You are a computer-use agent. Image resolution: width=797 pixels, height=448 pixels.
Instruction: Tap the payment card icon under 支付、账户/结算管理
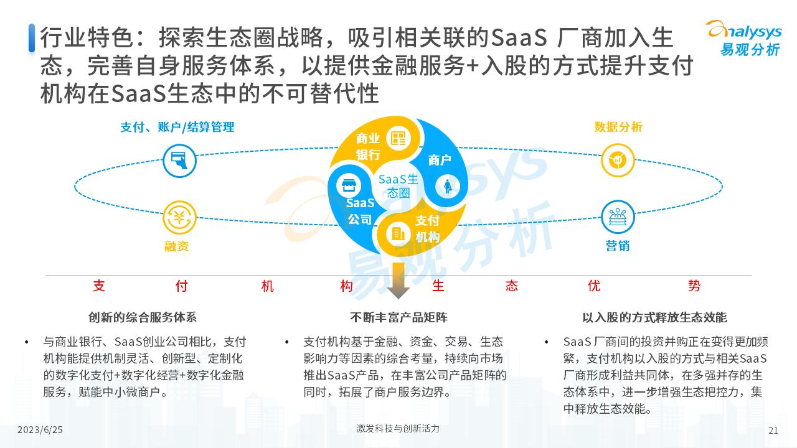(179, 161)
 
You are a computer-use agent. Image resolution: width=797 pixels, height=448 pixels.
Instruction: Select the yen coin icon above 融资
(179, 218)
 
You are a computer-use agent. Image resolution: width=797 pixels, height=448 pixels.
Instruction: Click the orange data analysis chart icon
(618, 161)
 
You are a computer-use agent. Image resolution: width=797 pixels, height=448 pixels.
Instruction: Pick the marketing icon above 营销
(618, 217)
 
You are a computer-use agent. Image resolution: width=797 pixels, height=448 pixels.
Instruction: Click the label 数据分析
(618, 127)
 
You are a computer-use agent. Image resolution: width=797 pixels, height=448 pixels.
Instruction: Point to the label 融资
(176, 246)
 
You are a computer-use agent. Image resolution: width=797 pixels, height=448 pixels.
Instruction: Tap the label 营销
(617, 246)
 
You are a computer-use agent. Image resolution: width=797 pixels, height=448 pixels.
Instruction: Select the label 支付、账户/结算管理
(177, 127)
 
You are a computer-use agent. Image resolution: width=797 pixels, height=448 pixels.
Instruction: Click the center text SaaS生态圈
(398, 185)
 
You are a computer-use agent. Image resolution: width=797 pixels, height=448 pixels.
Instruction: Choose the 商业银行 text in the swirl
(368, 146)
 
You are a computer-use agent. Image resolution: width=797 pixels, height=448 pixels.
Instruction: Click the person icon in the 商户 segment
(447, 185)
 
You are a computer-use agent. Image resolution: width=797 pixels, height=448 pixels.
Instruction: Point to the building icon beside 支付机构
(397, 233)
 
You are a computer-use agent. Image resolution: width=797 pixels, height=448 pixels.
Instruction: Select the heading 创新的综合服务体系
(143, 317)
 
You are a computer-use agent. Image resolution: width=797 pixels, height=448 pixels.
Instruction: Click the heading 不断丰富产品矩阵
(398, 317)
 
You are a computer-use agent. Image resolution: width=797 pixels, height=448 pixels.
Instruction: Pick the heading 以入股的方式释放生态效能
(654, 317)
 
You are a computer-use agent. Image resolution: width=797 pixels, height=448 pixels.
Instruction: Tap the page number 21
(774, 430)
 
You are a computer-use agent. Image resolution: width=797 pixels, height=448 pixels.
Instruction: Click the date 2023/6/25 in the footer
(40, 430)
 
